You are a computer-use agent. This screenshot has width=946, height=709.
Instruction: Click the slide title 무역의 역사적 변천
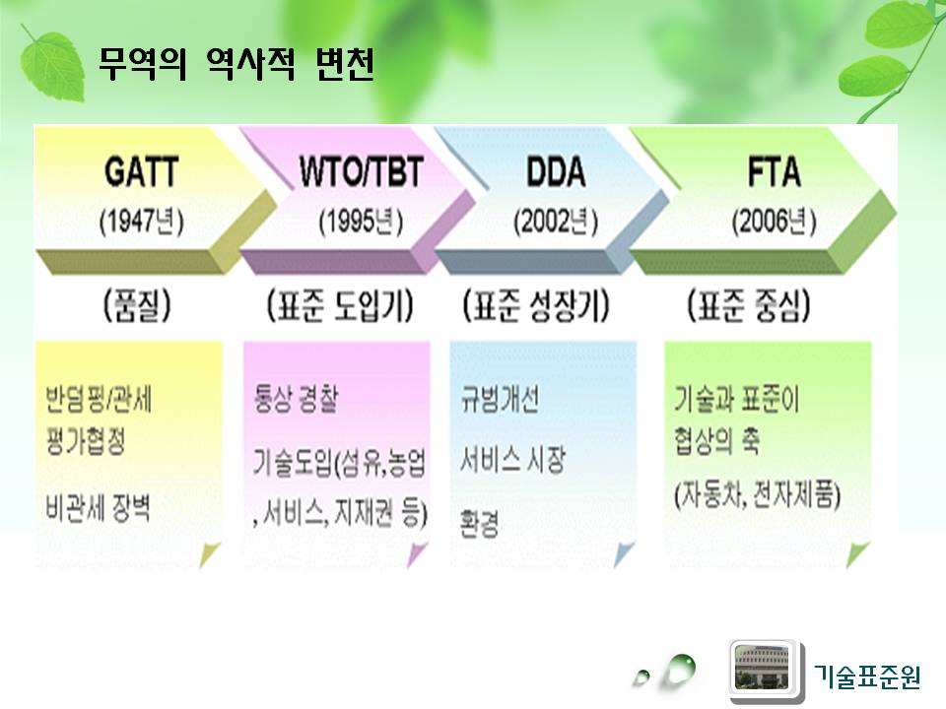point(236,63)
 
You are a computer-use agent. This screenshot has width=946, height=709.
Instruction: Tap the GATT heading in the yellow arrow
point(142,171)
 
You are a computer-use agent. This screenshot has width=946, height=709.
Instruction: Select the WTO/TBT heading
point(362,171)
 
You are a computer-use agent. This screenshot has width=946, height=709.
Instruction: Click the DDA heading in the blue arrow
point(556,171)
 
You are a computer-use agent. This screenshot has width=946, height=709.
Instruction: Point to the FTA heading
point(775,171)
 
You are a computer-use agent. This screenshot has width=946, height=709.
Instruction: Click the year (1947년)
point(142,222)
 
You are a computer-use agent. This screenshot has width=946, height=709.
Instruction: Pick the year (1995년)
point(361,222)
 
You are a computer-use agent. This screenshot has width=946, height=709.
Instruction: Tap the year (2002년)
point(556,222)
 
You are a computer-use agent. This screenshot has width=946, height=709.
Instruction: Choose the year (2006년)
point(775,222)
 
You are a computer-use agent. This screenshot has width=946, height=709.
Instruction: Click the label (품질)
point(138,305)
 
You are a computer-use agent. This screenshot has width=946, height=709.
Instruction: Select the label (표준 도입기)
point(340,305)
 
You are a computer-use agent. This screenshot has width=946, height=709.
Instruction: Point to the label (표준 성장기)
point(536,305)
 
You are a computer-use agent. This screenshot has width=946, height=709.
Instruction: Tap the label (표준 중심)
point(749,305)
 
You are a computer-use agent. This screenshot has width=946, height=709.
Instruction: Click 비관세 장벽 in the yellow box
point(98,507)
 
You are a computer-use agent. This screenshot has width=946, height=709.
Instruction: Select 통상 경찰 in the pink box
point(296,399)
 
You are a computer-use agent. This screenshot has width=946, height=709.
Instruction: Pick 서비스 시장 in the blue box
point(512,461)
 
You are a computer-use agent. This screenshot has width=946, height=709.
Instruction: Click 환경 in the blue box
point(479,523)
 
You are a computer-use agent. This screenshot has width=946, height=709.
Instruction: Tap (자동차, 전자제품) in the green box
point(757,495)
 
